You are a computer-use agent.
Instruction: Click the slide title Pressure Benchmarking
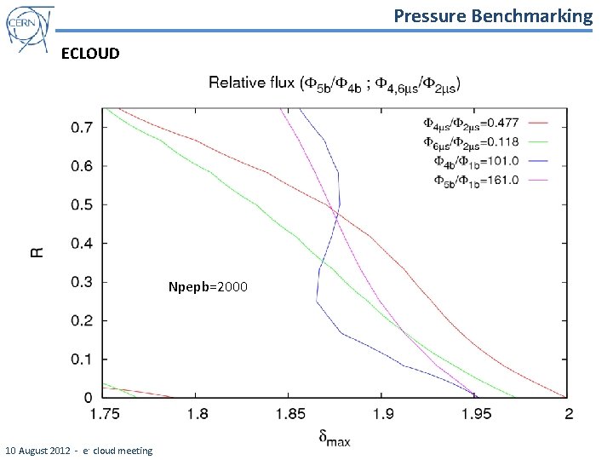point(493,15)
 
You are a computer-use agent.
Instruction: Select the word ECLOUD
point(91,54)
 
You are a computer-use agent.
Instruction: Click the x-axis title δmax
point(334,439)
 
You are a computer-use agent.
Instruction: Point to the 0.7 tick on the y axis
point(83,128)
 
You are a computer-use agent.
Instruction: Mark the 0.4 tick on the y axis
point(83,244)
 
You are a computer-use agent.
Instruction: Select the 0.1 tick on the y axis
point(83,359)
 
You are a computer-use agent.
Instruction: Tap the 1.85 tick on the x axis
point(289,414)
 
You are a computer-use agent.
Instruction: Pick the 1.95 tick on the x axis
point(475,414)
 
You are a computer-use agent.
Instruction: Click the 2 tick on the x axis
point(568,414)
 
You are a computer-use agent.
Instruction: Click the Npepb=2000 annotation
point(208,287)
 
